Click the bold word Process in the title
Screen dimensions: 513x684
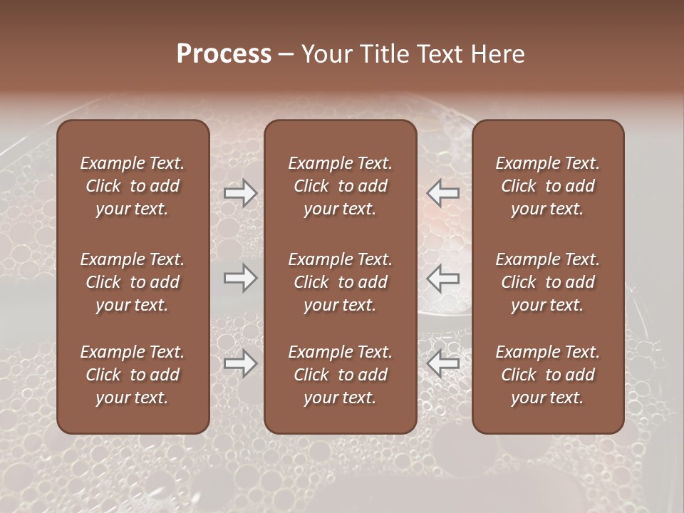tap(224, 53)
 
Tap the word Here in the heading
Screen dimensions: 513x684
tap(498, 53)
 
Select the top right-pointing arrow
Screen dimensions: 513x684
tap(240, 193)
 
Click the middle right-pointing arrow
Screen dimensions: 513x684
tap(240, 277)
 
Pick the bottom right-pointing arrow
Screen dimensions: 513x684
tap(240, 363)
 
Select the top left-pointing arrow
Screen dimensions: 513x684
tap(443, 192)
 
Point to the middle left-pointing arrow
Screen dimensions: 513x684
tap(443, 277)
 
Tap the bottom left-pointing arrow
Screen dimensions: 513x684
tap(443, 363)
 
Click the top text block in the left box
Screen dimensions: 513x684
tap(133, 186)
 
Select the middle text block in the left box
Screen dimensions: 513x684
tap(133, 282)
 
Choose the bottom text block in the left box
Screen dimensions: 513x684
tap(133, 375)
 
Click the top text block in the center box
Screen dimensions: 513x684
tap(341, 186)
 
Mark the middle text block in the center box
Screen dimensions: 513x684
tap(341, 282)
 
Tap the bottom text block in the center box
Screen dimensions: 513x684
tap(341, 375)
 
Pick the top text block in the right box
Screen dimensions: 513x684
tap(548, 186)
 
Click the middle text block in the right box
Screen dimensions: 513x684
tap(548, 282)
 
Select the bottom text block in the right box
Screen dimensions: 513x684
tap(548, 375)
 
